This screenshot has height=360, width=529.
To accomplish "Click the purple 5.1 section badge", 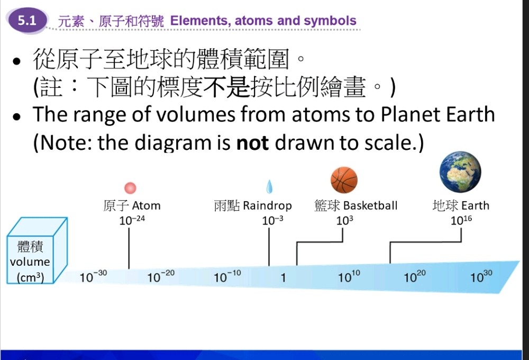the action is pyautogui.click(x=27, y=20).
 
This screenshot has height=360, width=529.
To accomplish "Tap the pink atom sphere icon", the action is pyautogui.click(x=130, y=188).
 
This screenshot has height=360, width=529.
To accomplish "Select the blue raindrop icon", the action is pyautogui.click(x=269, y=186).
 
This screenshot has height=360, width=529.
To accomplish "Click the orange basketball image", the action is pyautogui.click(x=344, y=180).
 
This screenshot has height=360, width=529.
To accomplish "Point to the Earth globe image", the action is pyautogui.click(x=461, y=172).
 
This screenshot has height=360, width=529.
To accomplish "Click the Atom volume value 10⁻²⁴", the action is pyautogui.click(x=132, y=220).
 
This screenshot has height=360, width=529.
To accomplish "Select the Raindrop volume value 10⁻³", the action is pyautogui.click(x=272, y=220).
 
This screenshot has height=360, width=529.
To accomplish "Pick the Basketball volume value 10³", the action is pyautogui.click(x=344, y=220).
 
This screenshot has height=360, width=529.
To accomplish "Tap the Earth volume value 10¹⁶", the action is pyautogui.click(x=461, y=220).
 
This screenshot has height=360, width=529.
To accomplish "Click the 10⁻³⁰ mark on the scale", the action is pyautogui.click(x=93, y=276).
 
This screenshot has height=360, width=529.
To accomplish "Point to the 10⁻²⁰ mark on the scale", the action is pyautogui.click(x=161, y=276).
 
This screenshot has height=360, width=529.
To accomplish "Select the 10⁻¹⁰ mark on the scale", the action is pyautogui.click(x=227, y=276).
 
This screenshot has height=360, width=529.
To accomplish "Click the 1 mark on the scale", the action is pyautogui.click(x=284, y=277).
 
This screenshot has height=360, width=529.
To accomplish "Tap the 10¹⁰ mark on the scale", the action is pyautogui.click(x=349, y=276).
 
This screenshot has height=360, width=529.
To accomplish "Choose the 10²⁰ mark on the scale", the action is pyautogui.click(x=415, y=276).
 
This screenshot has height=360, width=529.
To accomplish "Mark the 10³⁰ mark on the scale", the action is pyautogui.click(x=481, y=276).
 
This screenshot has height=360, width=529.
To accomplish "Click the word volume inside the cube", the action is pyautogui.click(x=30, y=262).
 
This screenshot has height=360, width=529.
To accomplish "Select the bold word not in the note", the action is pyautogui.click(x=252, y=143).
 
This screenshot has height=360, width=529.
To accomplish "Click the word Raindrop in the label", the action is pyautogui.click(x=267, y=205).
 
